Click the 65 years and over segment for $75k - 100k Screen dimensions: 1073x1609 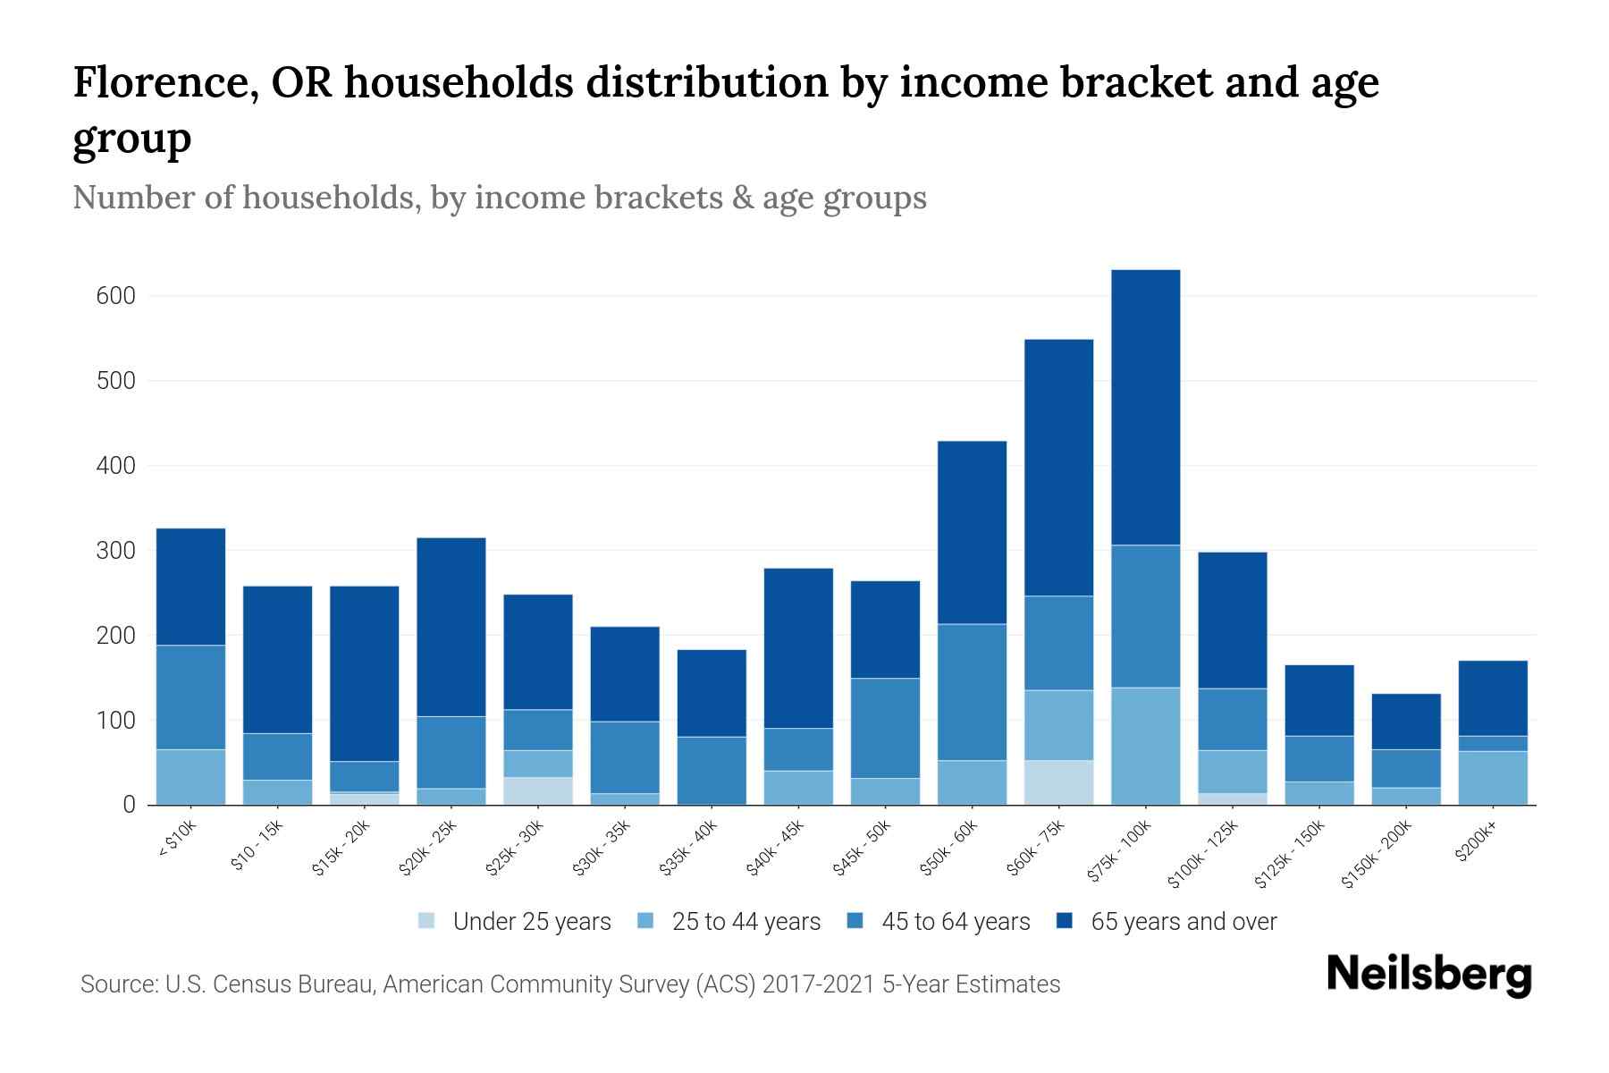pyautogui.click(x=1145, y=407)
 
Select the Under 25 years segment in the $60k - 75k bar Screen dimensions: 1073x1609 pyautogui.click(x=1058, y=782)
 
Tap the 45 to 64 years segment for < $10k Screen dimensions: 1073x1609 pyautogui.click(x=190, y=697)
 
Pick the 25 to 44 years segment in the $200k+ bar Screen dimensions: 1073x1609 pyautogui.click(x=1492, y=778)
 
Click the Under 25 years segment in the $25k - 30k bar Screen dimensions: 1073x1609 pyautogui.click(x=538, y=790)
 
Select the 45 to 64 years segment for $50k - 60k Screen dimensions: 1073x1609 pyautogui.click(x=972, y=692)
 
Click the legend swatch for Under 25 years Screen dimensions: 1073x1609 pyautogui.click(x=427, y=921)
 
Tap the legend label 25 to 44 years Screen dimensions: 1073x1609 pyautogui.click(x=746, y=922)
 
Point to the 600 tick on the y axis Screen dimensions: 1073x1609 pyautogui.click(x=115, y=296)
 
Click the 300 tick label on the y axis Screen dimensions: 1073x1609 pyautogui.click(x=115, y=551)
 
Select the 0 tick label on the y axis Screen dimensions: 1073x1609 pyautogui.click(x=129, y=806)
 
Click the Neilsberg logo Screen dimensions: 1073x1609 pyautogui.click(x=1428, y=975)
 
